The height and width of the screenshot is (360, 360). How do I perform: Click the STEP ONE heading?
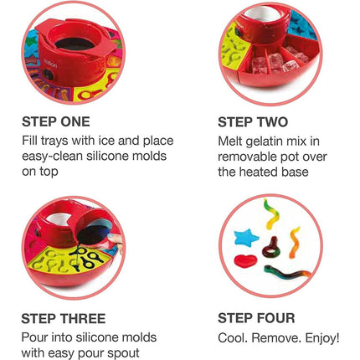(x=56, y=122)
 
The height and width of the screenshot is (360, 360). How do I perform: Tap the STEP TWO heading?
(x=253, y=122)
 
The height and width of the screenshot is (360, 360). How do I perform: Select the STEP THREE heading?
(x=64, y=319)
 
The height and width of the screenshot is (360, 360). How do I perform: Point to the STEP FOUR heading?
(x=256, y=318)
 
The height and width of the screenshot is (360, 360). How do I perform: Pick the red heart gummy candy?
(x=245, y=261)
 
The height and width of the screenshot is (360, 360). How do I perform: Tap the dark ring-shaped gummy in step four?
(x=271, y=249)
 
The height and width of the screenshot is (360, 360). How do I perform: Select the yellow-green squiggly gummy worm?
(x=271, y=213)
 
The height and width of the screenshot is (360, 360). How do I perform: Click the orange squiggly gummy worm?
(x=295, y=242)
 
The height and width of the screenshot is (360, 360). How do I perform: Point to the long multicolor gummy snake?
(x=287, y=271)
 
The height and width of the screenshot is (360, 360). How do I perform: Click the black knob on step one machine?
(x=48, y=75)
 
